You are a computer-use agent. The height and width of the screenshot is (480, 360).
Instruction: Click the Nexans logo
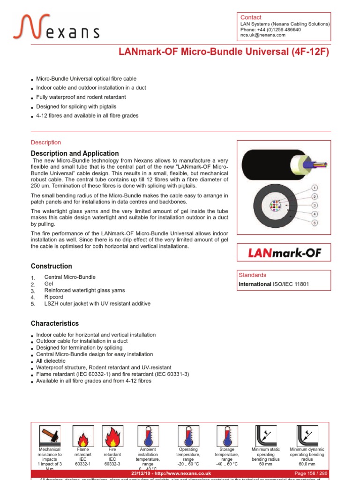56,27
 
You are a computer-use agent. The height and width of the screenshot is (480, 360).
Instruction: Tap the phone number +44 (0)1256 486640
270,30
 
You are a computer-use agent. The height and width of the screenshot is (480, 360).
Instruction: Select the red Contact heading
251,17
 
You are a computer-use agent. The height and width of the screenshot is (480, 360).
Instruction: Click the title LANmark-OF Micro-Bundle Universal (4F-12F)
224,52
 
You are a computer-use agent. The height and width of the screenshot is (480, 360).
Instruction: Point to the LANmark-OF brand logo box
285,253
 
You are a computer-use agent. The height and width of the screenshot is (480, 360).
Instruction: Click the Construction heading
52,266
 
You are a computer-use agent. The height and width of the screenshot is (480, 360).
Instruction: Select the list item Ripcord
53,297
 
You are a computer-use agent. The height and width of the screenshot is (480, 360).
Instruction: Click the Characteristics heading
55,323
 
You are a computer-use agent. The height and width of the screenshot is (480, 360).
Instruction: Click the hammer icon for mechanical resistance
49,435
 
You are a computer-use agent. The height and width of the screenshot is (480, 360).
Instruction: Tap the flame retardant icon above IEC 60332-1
82,435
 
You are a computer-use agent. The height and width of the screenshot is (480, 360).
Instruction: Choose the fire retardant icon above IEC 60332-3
112,435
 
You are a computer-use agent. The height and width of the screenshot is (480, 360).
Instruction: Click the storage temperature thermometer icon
227,435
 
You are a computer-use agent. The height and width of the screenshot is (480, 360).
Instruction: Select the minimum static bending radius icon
265,435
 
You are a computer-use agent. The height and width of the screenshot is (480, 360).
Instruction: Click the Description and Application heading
75,153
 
